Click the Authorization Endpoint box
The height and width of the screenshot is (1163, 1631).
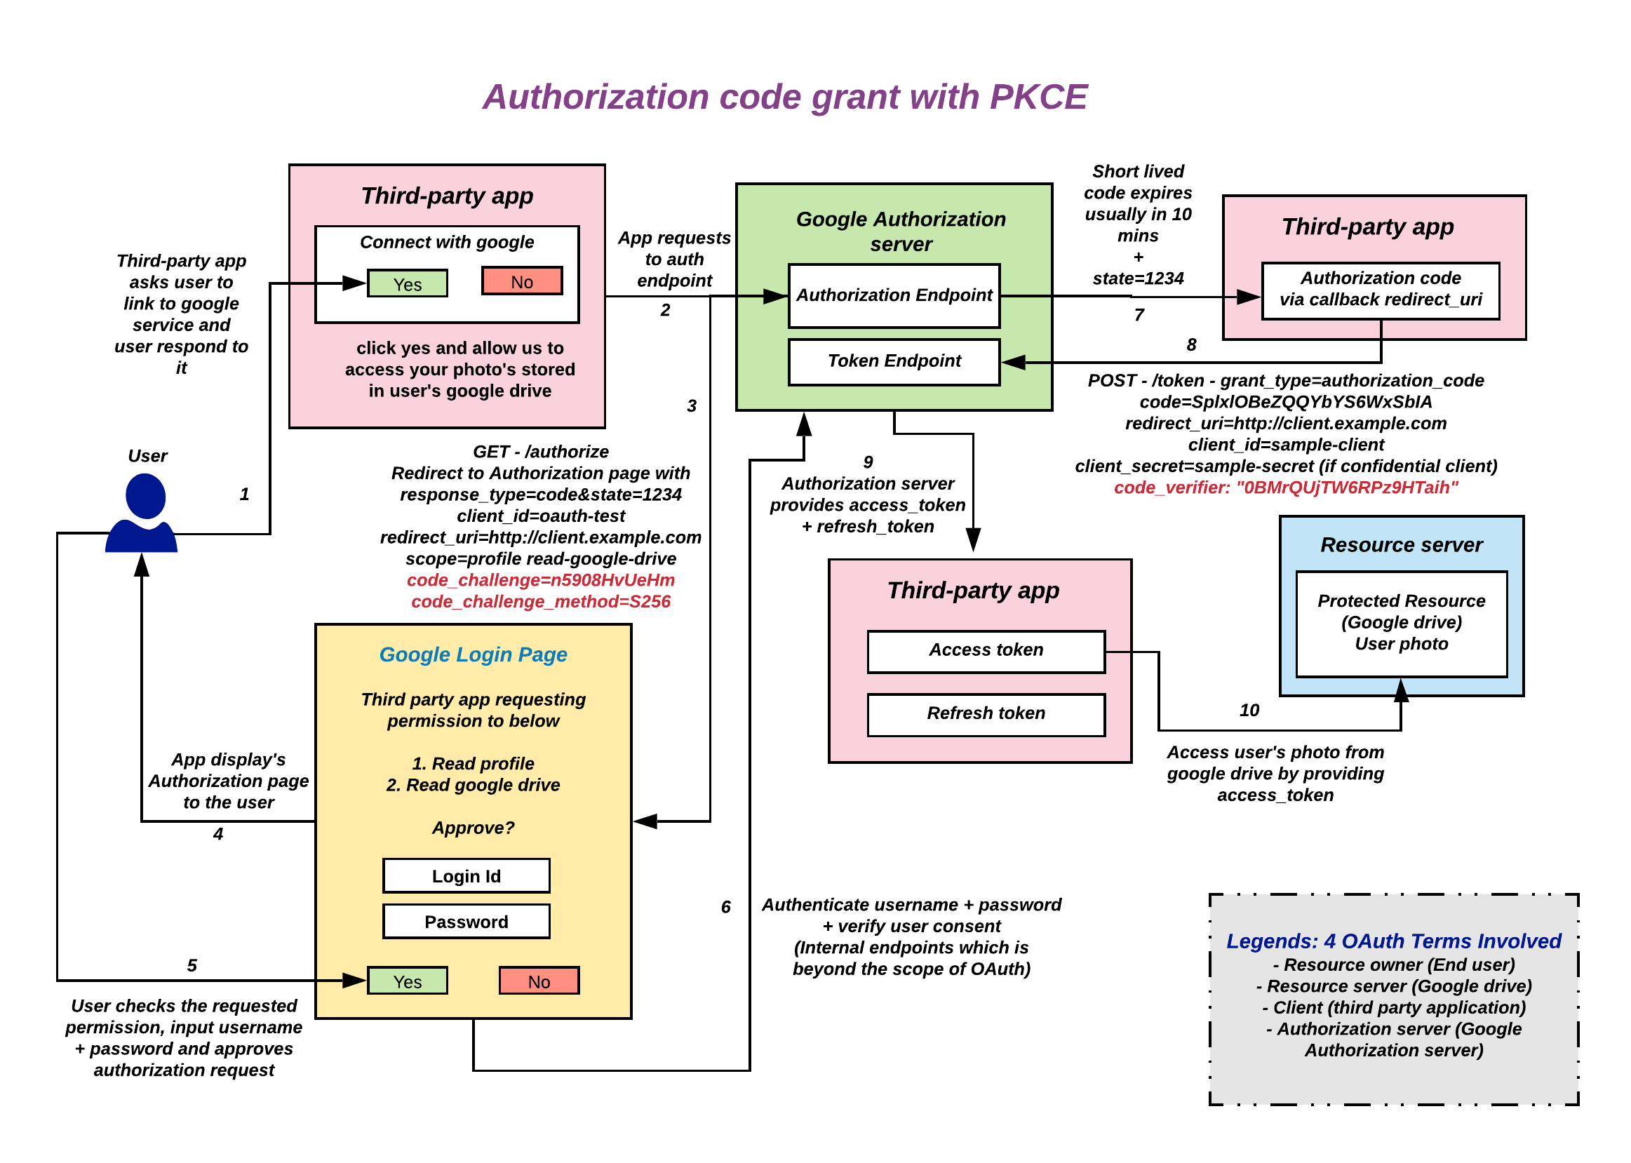[x=894, y=296]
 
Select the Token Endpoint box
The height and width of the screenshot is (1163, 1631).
[x=894, y=362]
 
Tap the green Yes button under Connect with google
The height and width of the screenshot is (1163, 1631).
[x=407, y=283]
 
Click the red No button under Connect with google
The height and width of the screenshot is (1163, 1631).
[x=521, y=281]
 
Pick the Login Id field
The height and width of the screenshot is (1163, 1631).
[x=466, y=876]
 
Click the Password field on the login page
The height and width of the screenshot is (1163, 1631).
[x=466, y=922]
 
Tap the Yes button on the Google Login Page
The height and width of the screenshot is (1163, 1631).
[x=407, y=981]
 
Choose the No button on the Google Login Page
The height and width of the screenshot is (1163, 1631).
[x=539, y=981]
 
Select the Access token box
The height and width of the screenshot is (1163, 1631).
[x=986, y=651]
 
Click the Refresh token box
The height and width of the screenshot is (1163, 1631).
[x=986, y=714]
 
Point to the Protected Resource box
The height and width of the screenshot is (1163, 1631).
[x=1401, y=623]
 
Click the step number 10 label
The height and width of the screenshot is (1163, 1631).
[x=1249, y=711]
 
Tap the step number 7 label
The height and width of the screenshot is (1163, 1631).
[x=1139, y=315]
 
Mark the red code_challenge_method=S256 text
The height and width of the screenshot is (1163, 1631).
[x=541, y=602]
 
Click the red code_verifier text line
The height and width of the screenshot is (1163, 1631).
[x=1285, y=488]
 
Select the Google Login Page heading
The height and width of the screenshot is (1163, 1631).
[x=473, y=654]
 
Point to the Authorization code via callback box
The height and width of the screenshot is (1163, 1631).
[x=1380, y=289]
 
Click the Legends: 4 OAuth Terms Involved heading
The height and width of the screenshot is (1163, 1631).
[x=1393, y=941]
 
